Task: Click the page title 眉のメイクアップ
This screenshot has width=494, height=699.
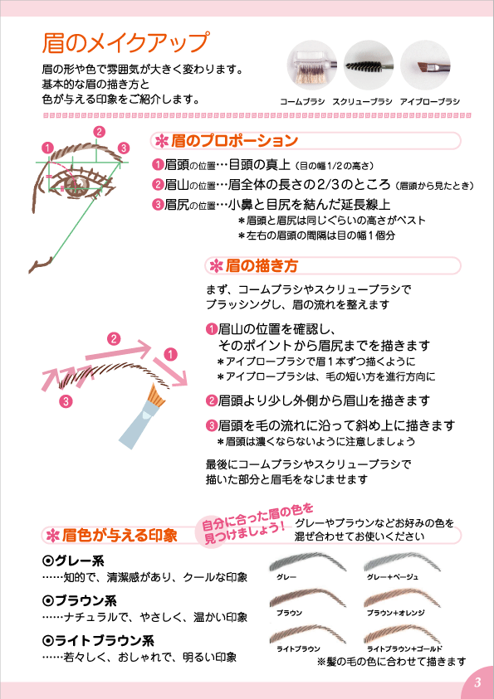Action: click(125, 43)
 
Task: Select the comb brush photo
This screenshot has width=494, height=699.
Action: click(311, 65)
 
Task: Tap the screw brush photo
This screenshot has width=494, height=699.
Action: click(368, 65)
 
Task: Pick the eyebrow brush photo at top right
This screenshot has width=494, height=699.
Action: click(425, 65)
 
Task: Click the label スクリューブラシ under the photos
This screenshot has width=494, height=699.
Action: click(362, 102)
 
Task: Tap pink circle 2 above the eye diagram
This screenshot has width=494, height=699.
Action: click(99, 132)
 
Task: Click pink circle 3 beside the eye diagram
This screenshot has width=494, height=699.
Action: click(124, 148)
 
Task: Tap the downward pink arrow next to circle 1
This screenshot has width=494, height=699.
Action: click(170, 371)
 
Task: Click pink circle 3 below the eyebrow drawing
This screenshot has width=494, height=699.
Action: click(66, 401)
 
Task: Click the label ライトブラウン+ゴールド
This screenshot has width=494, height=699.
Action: click(404, 649)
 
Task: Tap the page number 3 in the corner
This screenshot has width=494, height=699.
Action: click(477, 682)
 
